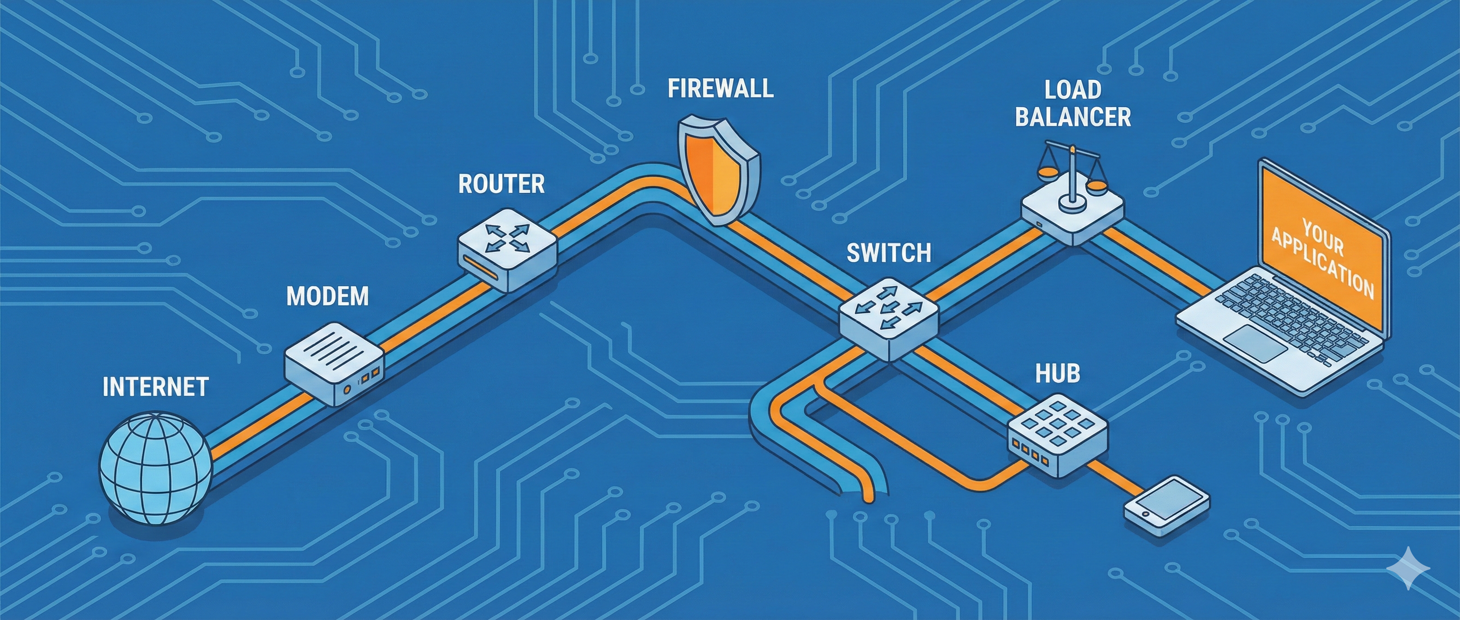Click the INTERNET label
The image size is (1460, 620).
coord(155,387)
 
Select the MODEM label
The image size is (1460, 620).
coord(327,296)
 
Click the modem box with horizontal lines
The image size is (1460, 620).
coord(333,363)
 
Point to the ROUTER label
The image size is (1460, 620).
coord(501,185)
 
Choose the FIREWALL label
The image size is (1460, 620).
coord(720,89)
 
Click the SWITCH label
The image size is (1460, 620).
coord(888,253)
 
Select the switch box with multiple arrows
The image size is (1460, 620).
coord(888,318)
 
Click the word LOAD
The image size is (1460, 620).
coord(1072,89)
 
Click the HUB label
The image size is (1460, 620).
coord(1057,373)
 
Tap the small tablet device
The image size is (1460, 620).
coord(1166,507)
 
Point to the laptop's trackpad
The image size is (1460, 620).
coord(1255,343)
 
